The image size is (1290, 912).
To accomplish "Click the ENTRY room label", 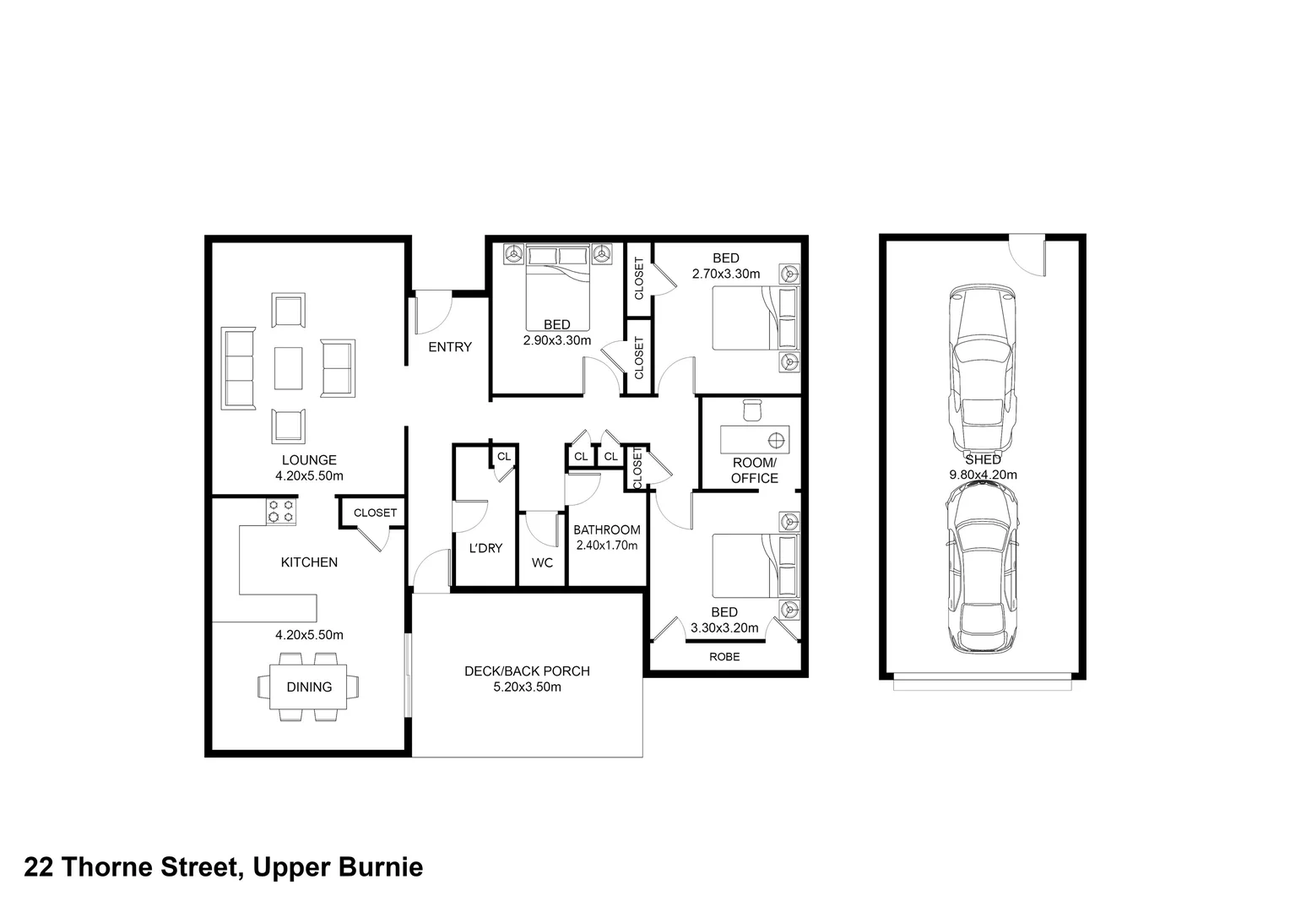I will click(449, 347).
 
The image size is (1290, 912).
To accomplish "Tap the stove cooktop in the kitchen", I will click(280, 512).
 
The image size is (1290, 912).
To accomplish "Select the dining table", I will click(309, 687).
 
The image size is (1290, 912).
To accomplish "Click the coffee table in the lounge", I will click(288, 368).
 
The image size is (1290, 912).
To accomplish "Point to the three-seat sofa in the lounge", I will click(238, 368).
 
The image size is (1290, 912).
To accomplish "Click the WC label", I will click(542, 562).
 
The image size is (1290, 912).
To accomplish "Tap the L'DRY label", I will click(485, 548).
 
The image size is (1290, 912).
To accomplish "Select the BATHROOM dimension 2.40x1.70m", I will click(606, 546).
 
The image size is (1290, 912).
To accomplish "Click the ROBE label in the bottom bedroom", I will click(724, 656).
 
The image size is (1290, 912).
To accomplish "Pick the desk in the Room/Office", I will click(755, 439).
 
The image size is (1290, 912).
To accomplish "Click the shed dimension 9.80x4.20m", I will click(983, 475).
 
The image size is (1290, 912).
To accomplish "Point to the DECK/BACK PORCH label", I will click(527, 671).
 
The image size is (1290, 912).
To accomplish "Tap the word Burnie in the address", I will click(380, 867).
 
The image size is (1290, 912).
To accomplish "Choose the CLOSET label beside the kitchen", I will click(375, 513).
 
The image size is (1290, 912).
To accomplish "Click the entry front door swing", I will click(433, 312).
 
